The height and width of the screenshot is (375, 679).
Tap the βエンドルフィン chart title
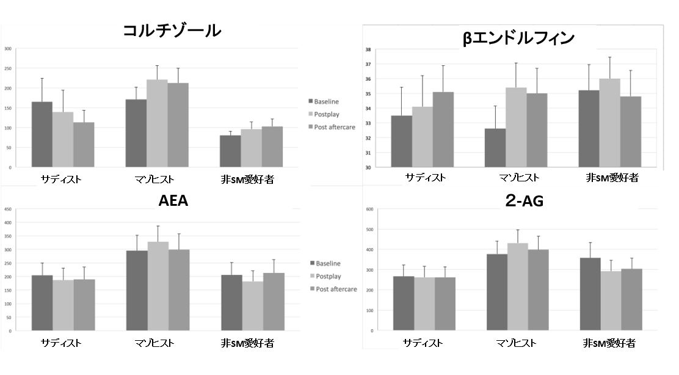click(518, 38)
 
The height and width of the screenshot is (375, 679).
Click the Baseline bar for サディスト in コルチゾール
click(42, 134)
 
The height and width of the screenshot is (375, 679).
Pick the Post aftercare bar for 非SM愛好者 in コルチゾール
click(272, 147)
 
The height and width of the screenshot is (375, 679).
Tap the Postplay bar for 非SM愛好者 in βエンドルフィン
click(609, 123)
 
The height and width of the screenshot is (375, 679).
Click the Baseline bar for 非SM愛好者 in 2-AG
click(589, 294)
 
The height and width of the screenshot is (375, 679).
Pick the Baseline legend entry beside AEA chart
click(328, 264)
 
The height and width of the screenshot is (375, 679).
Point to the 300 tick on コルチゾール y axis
click(7, 49)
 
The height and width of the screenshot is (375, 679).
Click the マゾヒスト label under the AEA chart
click(156, 343)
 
